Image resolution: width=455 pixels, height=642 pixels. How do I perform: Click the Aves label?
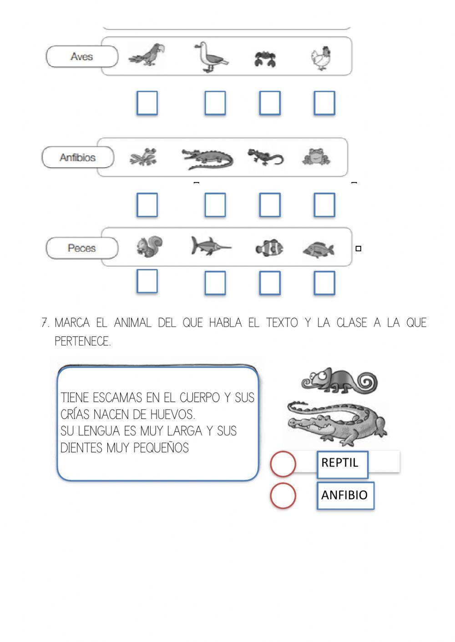click(x=82, y=57)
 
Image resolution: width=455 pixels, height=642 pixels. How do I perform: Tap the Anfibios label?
click(x=78, y=158)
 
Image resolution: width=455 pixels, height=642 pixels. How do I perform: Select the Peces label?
click(x=82, y=248)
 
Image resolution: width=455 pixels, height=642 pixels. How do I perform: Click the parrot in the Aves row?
click(x=147, y=56)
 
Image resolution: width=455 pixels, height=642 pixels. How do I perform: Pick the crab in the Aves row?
click(x=265, y=59)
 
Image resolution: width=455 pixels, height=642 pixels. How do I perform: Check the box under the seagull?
click(x=215, y=103)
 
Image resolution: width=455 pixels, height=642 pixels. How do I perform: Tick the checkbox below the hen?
click(x=324, y=103)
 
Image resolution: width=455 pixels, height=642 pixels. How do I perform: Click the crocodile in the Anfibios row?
click(x=207, y=159)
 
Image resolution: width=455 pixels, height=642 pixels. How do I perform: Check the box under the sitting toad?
click(x=324, y=204)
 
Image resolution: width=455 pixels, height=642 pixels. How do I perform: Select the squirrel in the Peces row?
click(x=149, y=247)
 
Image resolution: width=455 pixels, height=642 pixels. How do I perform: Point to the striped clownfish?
click(x=269, y=248)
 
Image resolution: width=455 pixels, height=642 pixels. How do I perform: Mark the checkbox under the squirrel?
click(x=147, y=281)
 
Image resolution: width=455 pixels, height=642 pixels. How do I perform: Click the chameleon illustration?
click(x=339, y=380)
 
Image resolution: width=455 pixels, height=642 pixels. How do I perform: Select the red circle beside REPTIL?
click(x=283, y=463)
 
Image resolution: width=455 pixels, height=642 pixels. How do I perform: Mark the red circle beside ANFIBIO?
click(x=283, y=495)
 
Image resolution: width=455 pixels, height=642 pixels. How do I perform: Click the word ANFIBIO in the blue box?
click(x=344, y=495)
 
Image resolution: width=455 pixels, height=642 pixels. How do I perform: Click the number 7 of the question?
click(x=45, y=323)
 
